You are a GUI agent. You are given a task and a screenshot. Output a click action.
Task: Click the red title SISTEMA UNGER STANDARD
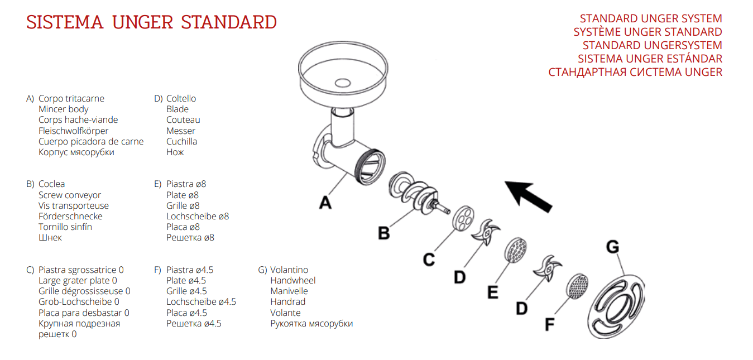(151, 23)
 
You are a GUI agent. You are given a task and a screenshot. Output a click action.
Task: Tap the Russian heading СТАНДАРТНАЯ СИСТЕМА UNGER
(635, 72)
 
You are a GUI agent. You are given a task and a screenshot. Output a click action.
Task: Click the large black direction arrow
(528, 196)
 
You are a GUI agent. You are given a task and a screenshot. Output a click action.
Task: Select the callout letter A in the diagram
(325, 202)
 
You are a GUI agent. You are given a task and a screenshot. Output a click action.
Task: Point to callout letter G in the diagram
(612, 247)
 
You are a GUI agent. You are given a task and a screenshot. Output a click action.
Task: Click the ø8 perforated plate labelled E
(516, 249)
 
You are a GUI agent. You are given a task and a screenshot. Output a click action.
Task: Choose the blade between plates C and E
(486, 232)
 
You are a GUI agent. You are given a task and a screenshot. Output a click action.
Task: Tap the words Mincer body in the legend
(63, 109)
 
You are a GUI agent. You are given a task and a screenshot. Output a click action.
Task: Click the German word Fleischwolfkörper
(73, 131)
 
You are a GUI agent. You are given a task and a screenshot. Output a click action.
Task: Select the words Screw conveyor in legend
(70, 195)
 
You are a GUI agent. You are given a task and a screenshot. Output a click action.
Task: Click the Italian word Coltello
(181, 99)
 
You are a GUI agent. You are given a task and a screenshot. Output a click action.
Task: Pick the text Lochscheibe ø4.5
(201, 302)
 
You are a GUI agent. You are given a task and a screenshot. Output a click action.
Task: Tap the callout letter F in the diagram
(550, 324)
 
